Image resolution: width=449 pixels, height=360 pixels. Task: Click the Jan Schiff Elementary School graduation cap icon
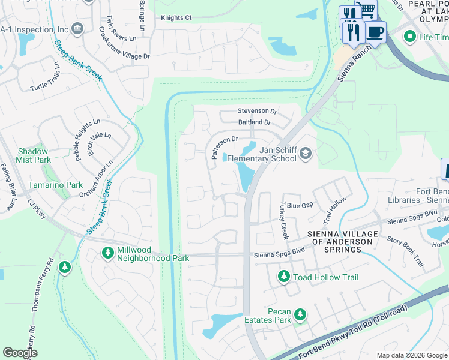tap(306, 154)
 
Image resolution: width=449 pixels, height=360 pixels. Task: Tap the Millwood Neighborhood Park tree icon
tap(108, 253)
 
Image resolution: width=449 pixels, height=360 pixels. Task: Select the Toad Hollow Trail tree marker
tap(283, 277)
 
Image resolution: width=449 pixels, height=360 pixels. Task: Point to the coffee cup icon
tap(375, 32)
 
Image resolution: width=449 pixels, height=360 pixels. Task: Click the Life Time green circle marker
tap(410, 37)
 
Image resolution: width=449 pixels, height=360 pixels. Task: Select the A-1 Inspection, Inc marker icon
tap(77, 28)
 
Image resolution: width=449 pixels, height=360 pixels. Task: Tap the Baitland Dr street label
tap(255, 122)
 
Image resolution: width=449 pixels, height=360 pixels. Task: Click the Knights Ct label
tap(176, 18)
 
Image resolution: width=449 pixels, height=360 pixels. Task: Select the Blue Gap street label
tap(300, 205)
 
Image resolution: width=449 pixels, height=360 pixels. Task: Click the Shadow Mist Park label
tap(34, 156)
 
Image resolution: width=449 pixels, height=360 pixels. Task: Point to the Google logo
tap(20, 353)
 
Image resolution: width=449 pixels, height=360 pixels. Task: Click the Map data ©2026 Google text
tap(411, 355)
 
